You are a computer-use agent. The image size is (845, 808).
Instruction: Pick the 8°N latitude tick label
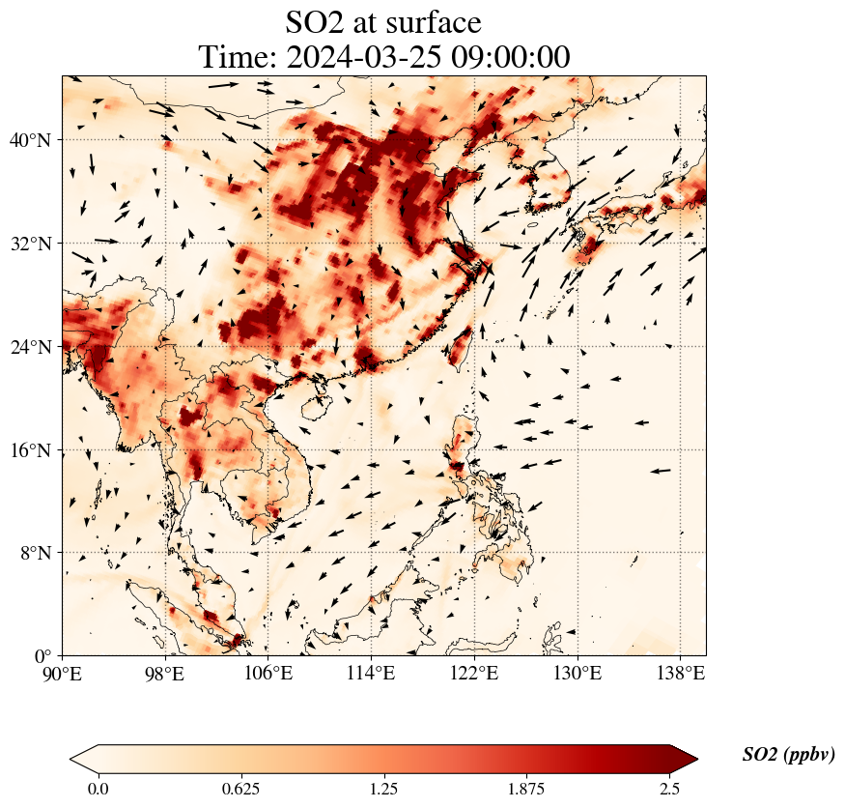pyautogui.click(x=35, y=554)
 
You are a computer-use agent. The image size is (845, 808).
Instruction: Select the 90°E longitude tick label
pyautogui.click(x=62, y=673)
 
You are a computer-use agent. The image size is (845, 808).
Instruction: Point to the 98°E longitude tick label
pyautogui.click(x=165, y=673)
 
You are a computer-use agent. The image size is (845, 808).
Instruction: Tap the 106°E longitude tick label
pyautogui.click(x=268, y=673)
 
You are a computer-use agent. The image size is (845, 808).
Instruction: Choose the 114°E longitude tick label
pyautogui.click(x=371, y=673)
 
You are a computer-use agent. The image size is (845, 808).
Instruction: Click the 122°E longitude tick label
pyautogui.click(x=474, y=673)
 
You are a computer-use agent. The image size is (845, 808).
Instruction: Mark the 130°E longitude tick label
pyautogui.click(x=577, y=673)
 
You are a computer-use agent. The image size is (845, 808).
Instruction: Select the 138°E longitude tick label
pyautogui.click(x=680, y=673)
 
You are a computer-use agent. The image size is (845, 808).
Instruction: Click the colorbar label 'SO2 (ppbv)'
pyautogui.click(x=788, y=755)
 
